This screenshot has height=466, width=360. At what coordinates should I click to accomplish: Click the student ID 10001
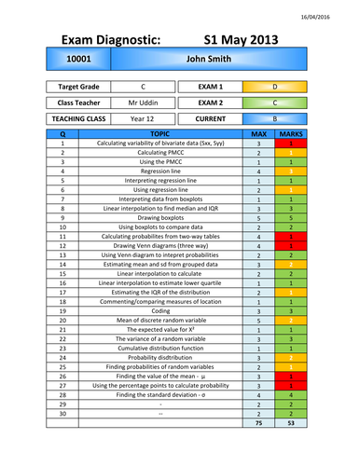tap(78, 58)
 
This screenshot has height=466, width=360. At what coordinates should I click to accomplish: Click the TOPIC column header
tap(160, 135)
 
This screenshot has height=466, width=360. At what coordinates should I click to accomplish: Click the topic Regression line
tap(160, 171)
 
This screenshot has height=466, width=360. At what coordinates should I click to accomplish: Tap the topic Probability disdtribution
tap(160, 357)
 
